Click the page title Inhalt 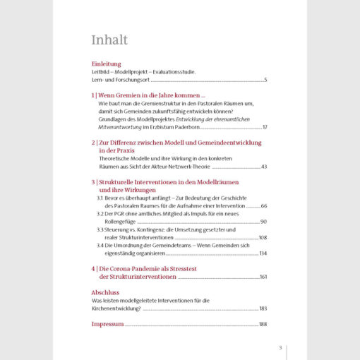pyautogui.click(x=109, y=39)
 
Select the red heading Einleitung pyautogui.click(x=107, y=64)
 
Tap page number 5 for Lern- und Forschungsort pyautogui.click(x=265, y=80)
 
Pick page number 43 pyautogui.click(x=264, y=167)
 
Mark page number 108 pyautogui.click(x=263, y=237)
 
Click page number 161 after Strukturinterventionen pyautogui.click(x=263, y=277)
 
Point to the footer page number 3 pyautogui.click(x=280, y=347)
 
